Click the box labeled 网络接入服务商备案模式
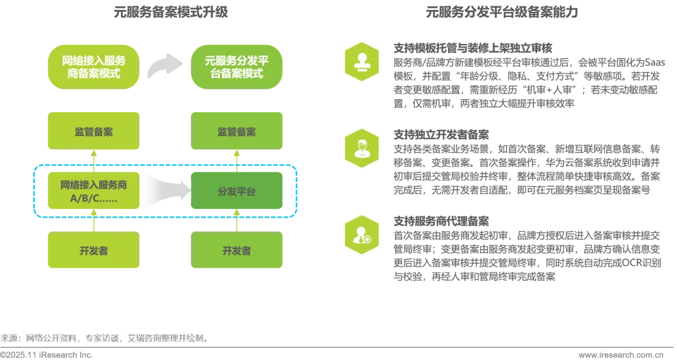pos(93,66)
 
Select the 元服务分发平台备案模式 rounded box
pos(238,66)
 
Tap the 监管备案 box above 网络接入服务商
pos(93,131)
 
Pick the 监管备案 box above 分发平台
pos(238,131)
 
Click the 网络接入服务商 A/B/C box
pos(93,191)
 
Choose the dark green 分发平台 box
pos(238,191)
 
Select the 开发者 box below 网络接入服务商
pos(93,250)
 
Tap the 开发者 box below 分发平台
pos(238,250)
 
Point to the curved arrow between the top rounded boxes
pos(165,65)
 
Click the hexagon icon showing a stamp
pos(361,61)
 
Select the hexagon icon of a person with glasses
pos(361,149)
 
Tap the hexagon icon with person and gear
pos(361,236)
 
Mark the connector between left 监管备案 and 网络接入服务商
pos(93,159)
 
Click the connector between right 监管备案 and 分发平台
pos(238,159)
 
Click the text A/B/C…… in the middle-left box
pos(93,199)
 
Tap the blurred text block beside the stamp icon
pos(527,75)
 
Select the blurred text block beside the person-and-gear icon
pos(527,248)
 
